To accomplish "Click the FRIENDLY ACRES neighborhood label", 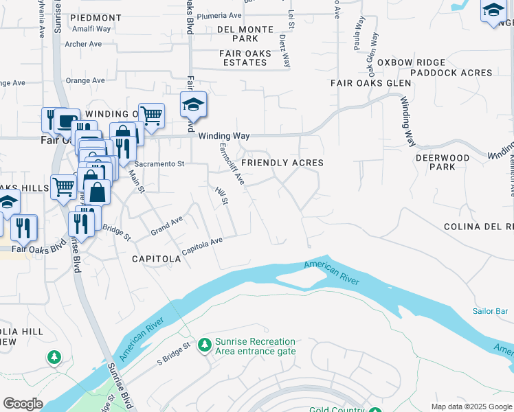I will (x=282, y=163).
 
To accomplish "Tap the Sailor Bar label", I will (x=490, y=311).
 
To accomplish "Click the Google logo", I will (x=23, y=404).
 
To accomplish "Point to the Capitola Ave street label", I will (x=202, y=242).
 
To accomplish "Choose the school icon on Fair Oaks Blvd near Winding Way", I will (x=193, y=106).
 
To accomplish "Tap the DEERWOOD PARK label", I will (x=443, y=162).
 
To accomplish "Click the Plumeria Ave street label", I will (x=219, y=15).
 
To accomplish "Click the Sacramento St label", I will (x=159, y=164).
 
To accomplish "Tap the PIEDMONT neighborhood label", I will (x=96, y=17).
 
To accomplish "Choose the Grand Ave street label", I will (x=167, y=225).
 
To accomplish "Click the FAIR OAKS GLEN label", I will (x=370, y=83).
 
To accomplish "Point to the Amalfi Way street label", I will (x=92, y=29).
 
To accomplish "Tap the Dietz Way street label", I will (x=284, y=51).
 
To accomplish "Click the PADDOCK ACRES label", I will (x=451, y=73).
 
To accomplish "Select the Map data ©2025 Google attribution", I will (x=471, y=407).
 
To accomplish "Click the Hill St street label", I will (x=221, y=196).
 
